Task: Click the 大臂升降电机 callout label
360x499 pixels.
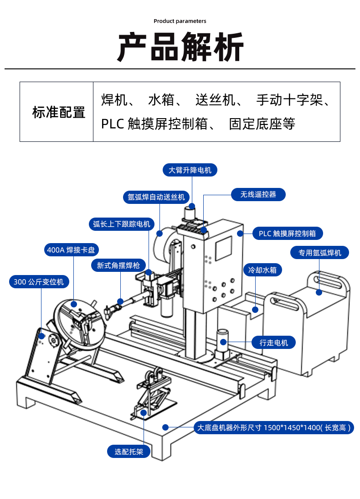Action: pos(190,170)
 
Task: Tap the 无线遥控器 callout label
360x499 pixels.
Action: pos(258,194)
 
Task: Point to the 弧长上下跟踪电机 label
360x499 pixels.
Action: pos(121,224)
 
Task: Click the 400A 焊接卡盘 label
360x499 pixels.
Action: pos(72,250)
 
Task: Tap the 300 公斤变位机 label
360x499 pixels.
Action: pos(39,282)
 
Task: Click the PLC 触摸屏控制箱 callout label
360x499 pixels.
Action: pos(287,234)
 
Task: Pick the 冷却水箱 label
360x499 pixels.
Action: pos(262,270)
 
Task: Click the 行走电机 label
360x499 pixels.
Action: pos(274,342)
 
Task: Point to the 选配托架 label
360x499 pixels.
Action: pos(129,452)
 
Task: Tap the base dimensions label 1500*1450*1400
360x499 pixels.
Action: pos(273,428)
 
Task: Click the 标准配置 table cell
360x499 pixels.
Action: pos(57,112)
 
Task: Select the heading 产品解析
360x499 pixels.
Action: pos(180,47)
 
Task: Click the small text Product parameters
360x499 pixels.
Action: pos(180,21)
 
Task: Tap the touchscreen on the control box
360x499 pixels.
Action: pos(223,248)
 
